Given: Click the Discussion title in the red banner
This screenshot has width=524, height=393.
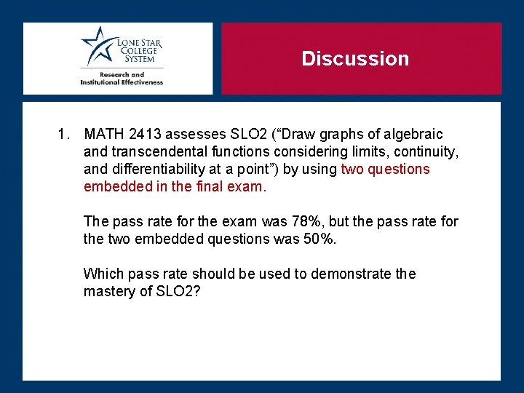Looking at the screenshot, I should click(355, 59).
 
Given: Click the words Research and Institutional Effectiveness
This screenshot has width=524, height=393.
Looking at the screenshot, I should click(122, 79).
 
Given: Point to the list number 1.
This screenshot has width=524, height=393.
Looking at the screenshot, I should click(65, 135).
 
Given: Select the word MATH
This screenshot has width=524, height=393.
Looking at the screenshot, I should click(104, 135).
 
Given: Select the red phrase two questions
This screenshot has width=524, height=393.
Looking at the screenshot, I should click(385, 170).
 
